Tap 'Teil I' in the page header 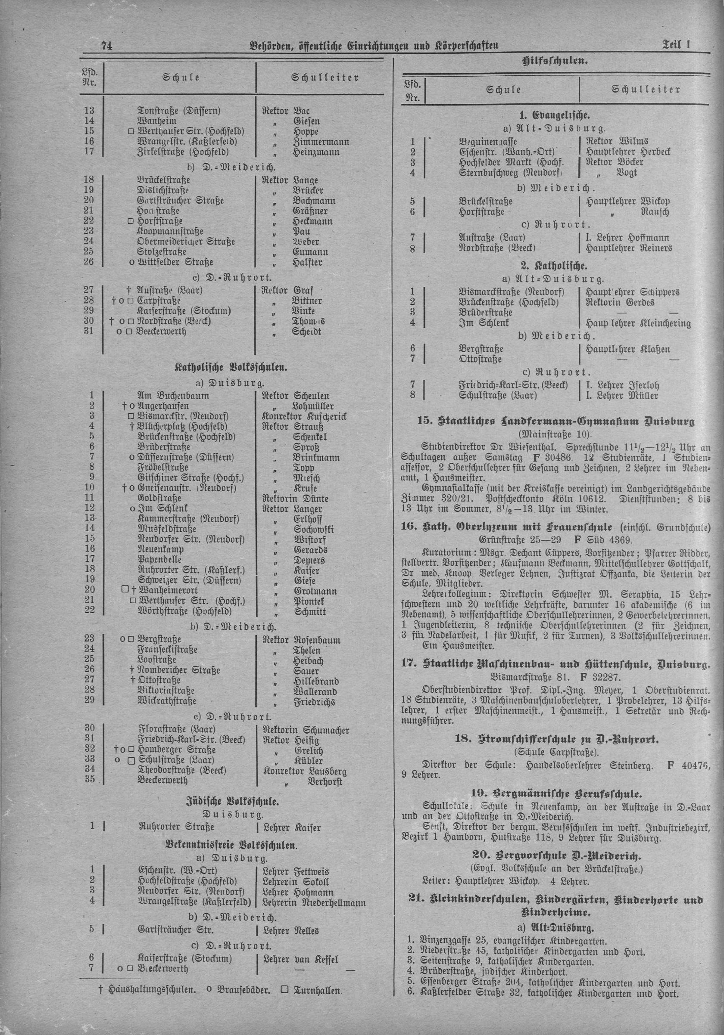coord(677,45)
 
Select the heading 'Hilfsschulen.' coord(555,61)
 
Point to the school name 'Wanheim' coord(157,121)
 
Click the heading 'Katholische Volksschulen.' coord(231,368)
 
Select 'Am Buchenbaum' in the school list coord(167,395)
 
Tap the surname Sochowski coord(313,529)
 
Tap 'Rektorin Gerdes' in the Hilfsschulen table coord(620,302)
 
